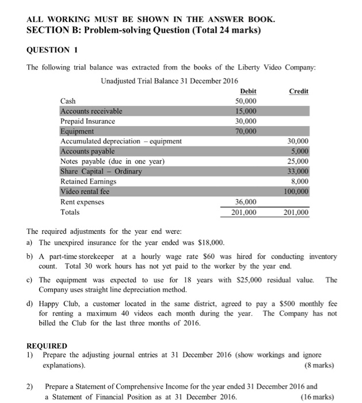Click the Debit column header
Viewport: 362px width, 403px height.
247,91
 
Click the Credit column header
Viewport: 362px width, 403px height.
299,91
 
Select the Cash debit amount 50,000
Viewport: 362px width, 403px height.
246,101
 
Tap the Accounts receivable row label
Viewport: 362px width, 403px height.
92,111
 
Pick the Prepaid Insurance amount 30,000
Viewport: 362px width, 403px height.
246,121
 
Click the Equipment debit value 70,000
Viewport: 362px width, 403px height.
246,131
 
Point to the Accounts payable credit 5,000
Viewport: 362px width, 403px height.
301,151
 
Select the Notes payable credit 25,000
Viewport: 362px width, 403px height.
298,161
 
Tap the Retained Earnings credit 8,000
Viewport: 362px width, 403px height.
301,181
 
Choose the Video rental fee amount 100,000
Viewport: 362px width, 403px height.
296,191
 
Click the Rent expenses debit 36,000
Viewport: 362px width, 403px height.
246,201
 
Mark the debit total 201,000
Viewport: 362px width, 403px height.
245,212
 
